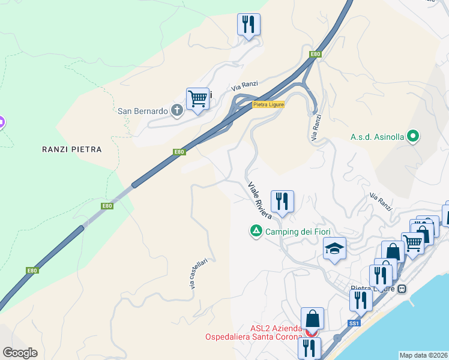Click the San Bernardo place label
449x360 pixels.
point(142,111)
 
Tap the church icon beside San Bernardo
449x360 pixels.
point(176,110)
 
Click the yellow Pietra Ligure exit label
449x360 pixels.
point(268,104)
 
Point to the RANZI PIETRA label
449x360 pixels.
point(71,149)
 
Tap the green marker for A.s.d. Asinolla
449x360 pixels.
point(412,136)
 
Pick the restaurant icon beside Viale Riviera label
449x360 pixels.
point(282,200)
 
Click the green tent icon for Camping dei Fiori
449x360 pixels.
point(256,231)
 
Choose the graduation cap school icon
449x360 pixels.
point(334,248)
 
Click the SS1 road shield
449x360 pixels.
point(354,323)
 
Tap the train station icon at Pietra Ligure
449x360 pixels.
point(402,289)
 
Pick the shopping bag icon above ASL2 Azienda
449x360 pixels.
point(312,317)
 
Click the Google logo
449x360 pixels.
point(20,352)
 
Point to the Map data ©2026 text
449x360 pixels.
point(423,355)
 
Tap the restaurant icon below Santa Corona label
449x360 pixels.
point(309,347)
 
